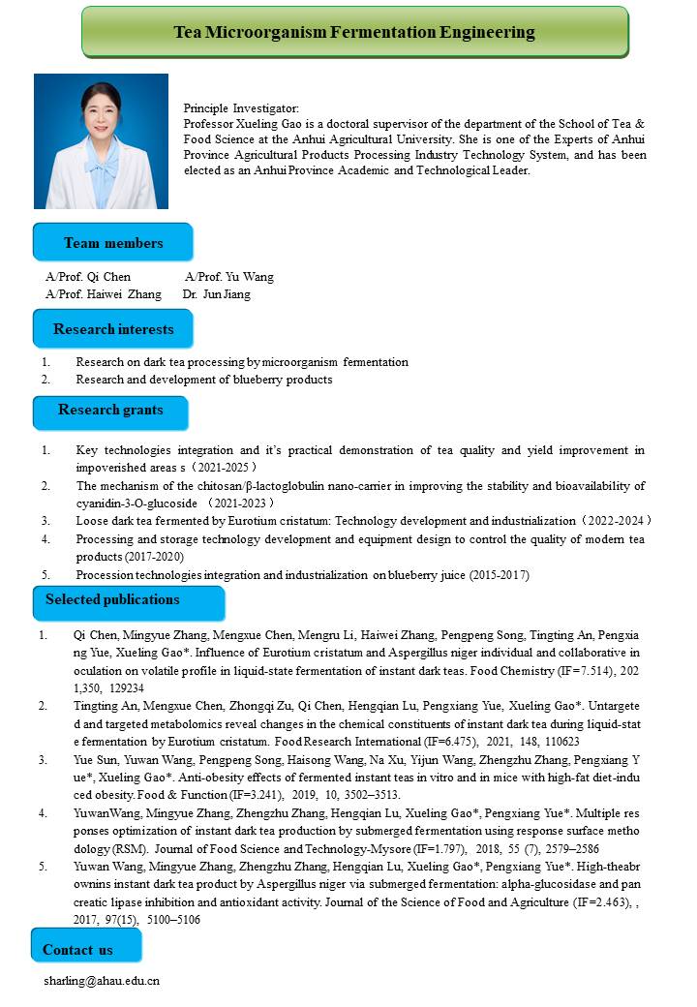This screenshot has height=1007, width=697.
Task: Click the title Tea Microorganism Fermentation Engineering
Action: (x=354, y=32)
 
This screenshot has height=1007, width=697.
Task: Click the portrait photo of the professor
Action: (x=101, y=141)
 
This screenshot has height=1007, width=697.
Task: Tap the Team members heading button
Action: (x=113, y=243)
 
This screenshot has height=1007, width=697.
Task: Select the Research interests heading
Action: (x=113, y=329)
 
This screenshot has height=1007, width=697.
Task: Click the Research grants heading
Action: (x=110, y=410)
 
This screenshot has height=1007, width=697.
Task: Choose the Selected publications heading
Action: (x=112, y=599)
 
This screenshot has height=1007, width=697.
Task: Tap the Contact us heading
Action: (x=77, y=950)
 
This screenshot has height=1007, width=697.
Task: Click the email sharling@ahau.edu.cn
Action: (x=102, y=981)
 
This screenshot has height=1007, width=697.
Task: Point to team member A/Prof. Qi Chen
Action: (x=88, y=277)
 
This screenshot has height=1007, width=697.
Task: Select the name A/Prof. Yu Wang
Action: (x=228, y=277)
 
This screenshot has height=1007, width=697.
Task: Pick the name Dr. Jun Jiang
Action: (x=216, y=294)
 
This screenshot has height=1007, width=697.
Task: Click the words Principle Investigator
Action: (x=241, y=108)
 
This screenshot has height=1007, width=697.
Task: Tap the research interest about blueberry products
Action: (x=204, y=380)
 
